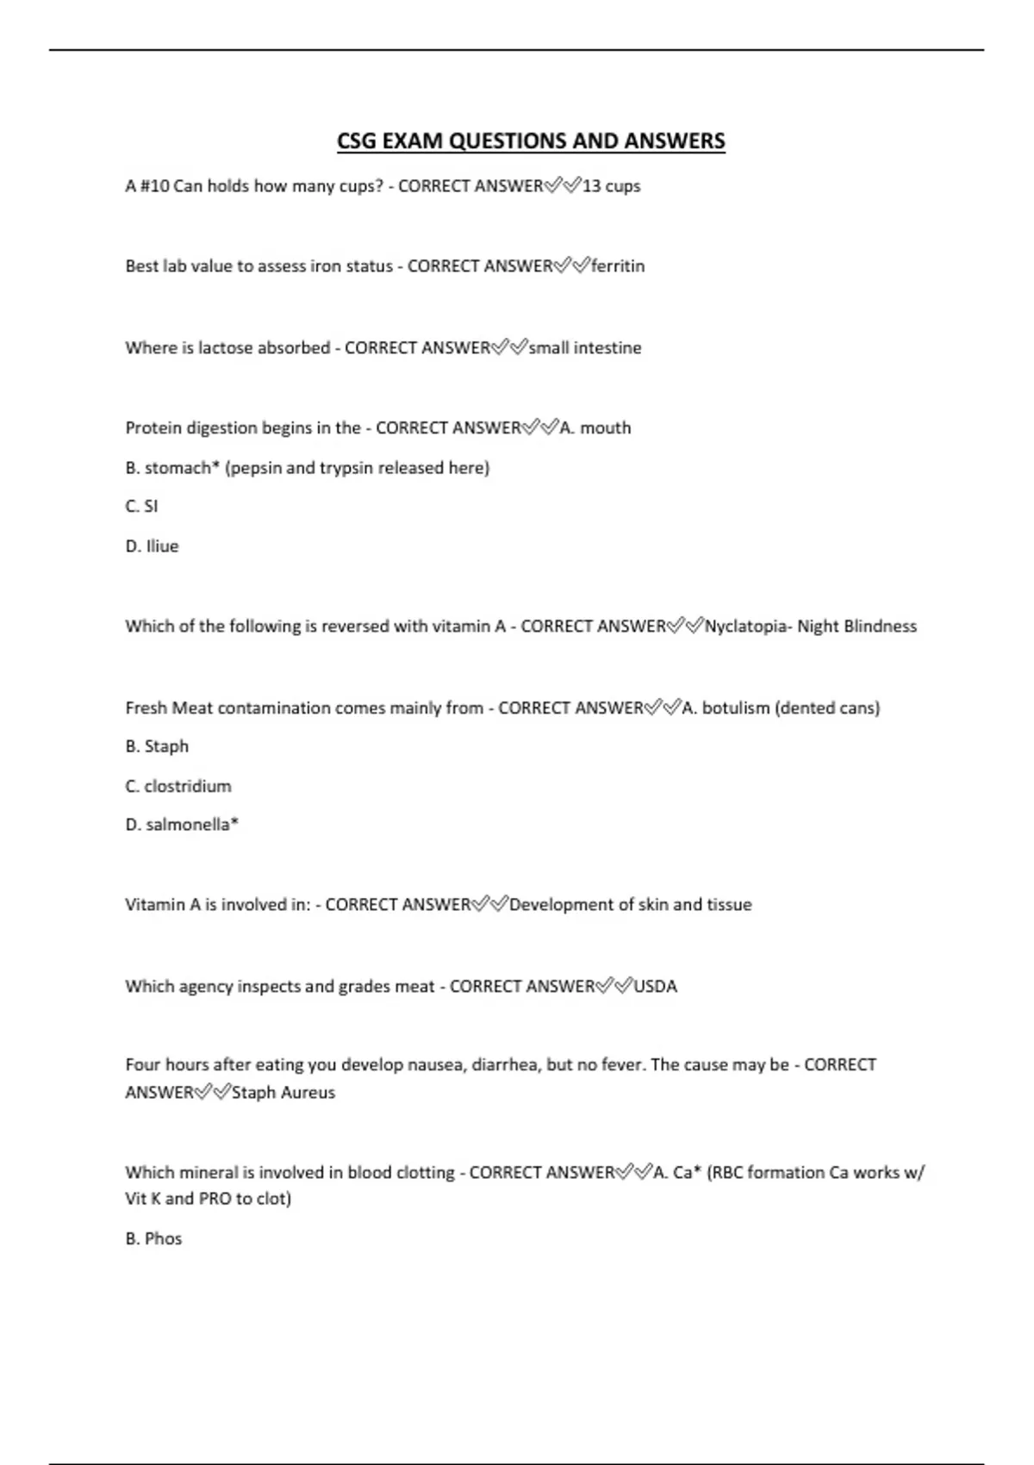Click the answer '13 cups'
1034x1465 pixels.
[611, 186]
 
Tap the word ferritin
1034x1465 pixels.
[618, 266]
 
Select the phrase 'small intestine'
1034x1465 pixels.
[585, 348]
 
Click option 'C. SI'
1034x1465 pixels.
[141, 507]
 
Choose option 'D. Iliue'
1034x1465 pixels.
[152, 546]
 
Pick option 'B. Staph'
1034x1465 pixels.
[157, 746]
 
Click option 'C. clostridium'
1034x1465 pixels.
[178, 786]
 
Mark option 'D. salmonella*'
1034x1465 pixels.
[182, 825]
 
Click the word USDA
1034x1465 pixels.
[656, 987]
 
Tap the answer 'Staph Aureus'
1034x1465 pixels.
[283, 1093]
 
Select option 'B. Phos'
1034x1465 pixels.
[153, 1239]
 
